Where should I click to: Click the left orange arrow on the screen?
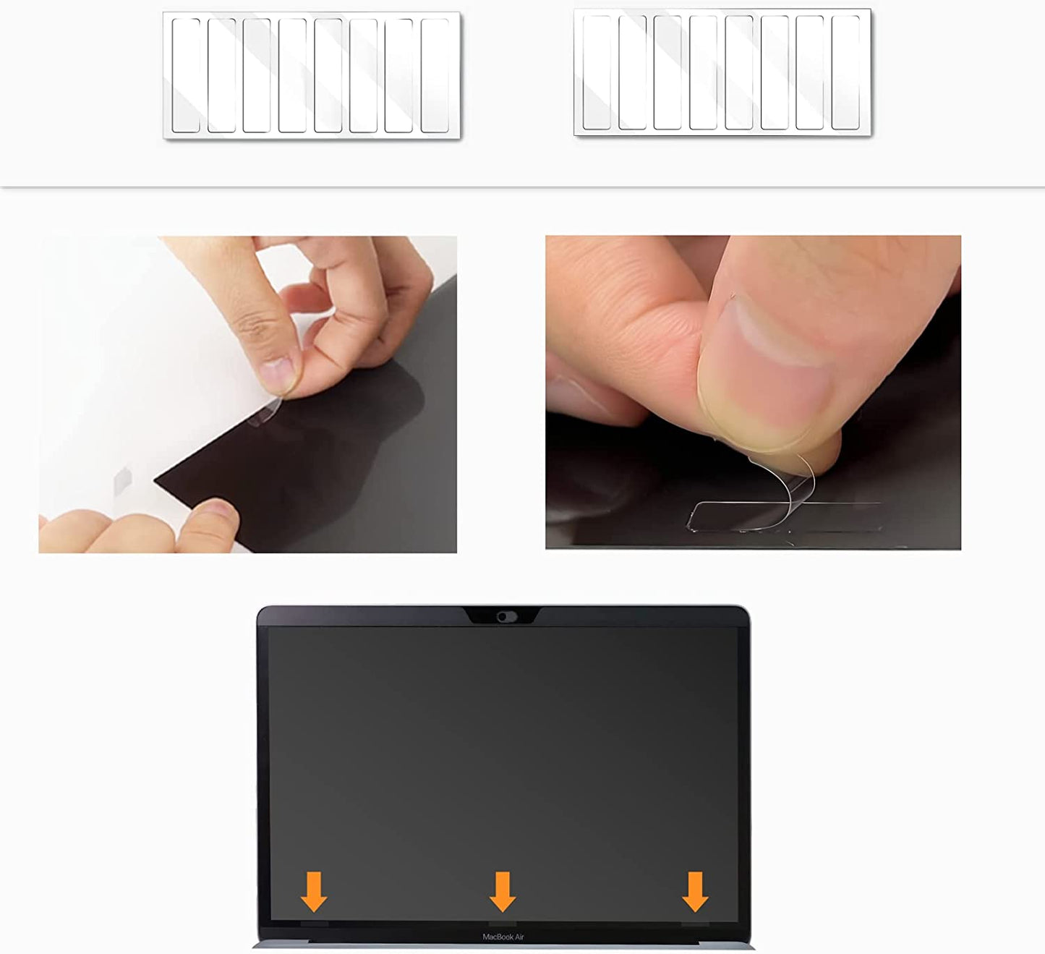click(314, 891)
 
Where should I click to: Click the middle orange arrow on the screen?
click(503, 891)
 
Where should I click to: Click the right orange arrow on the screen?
click(695, 891)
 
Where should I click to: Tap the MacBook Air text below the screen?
click(503, 937)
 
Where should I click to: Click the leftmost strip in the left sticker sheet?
click(186, 75)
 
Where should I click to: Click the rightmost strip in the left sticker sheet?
click(435, 75)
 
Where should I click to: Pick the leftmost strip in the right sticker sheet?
click(597, 72)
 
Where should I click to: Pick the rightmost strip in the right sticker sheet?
click(845, 72)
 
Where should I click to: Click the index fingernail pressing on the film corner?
click(278, 376)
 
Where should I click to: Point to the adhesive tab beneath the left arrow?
click(314, 924)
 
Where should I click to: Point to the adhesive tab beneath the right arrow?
click(695, 924)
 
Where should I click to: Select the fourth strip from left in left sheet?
click(292, 75)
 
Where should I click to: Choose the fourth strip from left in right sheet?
click(703, 72)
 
